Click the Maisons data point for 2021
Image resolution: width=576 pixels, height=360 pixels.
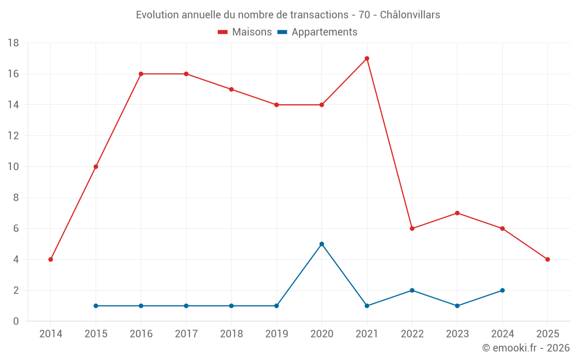[x=367, y=58]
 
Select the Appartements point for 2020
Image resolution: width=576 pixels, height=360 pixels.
[x=321, y=244]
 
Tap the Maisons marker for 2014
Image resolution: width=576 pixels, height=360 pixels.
[x=51, y=259]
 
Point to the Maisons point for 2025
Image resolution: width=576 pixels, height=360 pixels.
[x=547, y=259]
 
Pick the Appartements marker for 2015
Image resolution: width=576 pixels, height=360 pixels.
[x=96, y=306]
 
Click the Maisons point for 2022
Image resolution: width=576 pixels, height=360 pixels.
[x=412, y=228]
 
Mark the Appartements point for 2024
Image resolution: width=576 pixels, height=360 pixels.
[x=502, y=290]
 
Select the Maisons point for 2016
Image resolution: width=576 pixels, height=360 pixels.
[x=141, y=74]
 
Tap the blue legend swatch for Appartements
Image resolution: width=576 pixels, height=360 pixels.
[x=282, y=32]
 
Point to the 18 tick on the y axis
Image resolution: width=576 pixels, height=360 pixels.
[x=13, y=43]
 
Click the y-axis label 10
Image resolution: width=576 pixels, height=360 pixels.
[x=13, y=167]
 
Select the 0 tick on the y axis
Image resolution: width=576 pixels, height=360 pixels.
[x=16, y=321]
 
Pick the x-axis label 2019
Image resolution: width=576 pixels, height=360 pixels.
[x=276, y=334]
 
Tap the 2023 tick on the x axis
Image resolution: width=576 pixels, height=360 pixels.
[x=457, y=334]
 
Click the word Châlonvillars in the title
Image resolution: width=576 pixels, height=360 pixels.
[x=410, y=14]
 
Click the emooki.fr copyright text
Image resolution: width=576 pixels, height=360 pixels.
[x=526, y=348]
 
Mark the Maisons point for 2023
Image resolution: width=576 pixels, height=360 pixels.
[x=457, y=213]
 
